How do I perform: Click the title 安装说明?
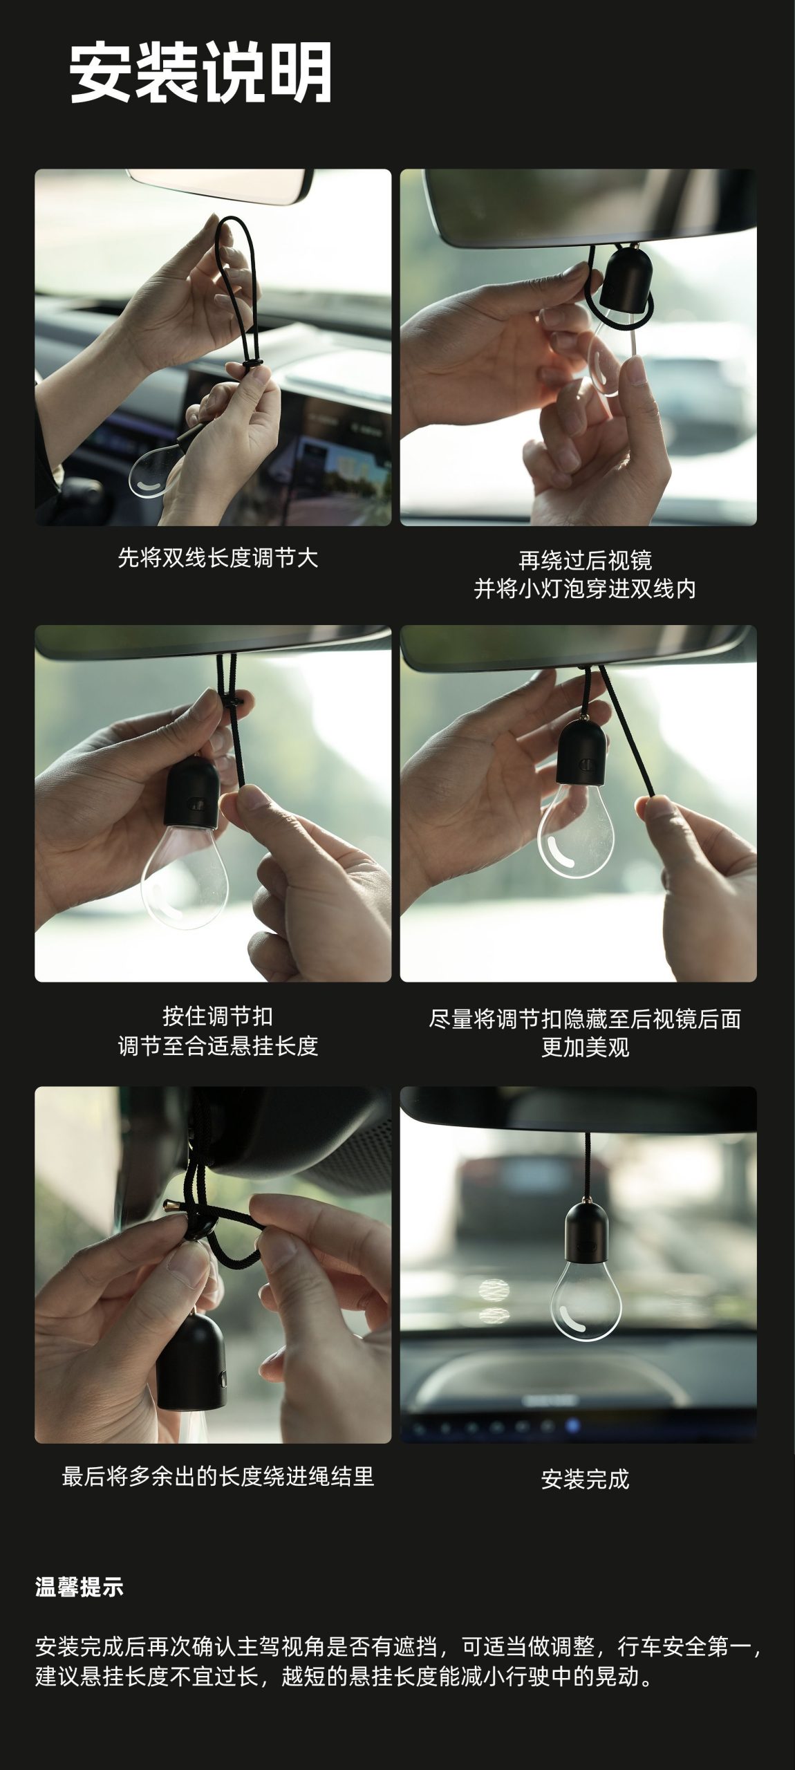point(200,73)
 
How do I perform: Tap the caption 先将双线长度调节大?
point(218,558)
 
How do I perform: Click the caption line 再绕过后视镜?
point(585,559)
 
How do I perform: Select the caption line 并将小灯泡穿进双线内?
point(585,589)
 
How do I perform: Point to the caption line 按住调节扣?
point(218,1016)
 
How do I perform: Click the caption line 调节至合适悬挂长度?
point(218,1045)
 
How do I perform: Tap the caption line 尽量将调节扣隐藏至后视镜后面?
point(585,1018)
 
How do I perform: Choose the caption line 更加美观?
point(585,1047)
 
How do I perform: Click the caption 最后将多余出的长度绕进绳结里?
point(218,1476)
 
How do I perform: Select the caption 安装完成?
point(585,1479)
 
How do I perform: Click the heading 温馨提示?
point(79,1587)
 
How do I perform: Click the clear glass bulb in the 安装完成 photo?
point(586,1298)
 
